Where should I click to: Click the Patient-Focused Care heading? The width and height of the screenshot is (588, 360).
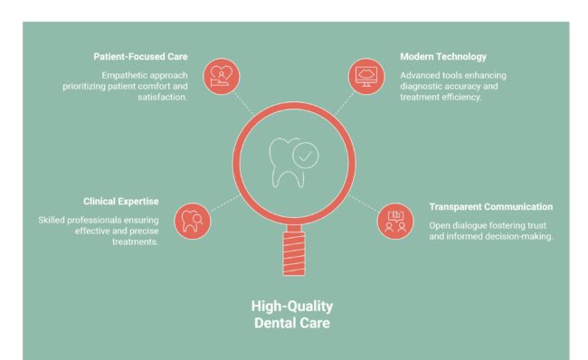click(x=140, y=57)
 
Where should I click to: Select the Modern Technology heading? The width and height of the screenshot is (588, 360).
click(x=443, y=57)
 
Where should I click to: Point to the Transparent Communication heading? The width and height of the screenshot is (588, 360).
click(x=490, y=206)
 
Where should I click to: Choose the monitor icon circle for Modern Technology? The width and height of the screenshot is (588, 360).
click(x=367, y=75)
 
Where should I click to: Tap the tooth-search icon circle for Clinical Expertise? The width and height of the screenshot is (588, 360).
click(x=192, y=219)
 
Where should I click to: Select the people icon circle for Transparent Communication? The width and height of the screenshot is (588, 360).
click(x=395, y=220)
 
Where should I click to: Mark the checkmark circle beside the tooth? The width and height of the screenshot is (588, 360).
click(x=307, y=156)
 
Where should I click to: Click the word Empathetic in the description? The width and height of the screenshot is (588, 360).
click(x=124, y=74)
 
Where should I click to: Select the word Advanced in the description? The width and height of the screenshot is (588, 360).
click(x=422, y=74)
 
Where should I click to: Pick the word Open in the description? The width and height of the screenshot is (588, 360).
click(x=441, y=224)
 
